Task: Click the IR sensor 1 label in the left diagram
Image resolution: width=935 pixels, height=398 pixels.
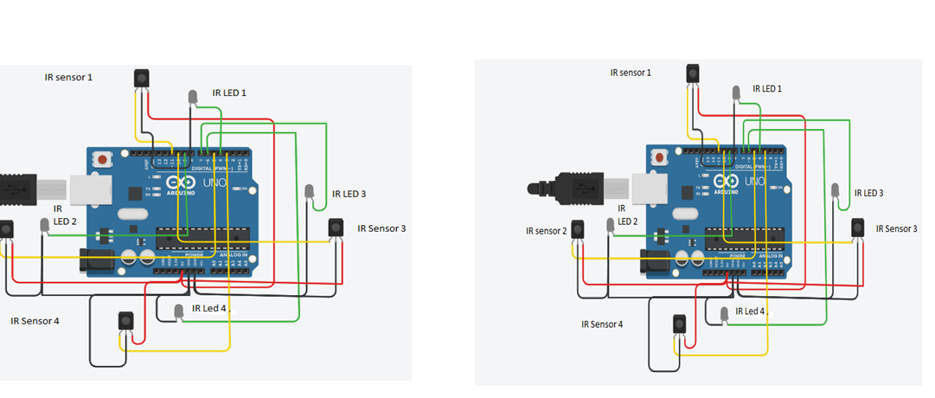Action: (68, 77)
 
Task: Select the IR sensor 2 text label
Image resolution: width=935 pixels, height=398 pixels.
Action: (547, 231)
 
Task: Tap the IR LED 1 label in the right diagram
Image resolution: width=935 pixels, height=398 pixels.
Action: (766, 88)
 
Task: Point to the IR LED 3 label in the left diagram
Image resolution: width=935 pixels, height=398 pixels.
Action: (349, 194)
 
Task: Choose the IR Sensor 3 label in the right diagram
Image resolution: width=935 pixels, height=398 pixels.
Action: (896, 228)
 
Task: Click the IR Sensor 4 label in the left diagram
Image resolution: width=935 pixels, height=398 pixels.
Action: (35, 320)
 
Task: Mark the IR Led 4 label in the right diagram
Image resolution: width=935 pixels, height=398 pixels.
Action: (750, 311)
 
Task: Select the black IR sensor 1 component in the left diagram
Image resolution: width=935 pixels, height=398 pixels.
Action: (141, 78)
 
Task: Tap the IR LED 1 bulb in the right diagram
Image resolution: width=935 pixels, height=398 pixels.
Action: (736, 91)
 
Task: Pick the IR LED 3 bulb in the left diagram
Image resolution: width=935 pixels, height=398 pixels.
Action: (310, 191)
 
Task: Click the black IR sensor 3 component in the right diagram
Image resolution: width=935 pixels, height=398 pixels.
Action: (857, 227)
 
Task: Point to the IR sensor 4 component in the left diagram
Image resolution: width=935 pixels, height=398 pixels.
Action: (125, 320)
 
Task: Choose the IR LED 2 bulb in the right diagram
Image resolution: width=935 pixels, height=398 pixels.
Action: (611, 224)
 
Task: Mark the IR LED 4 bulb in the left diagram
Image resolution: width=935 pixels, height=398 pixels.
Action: (179, 310)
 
